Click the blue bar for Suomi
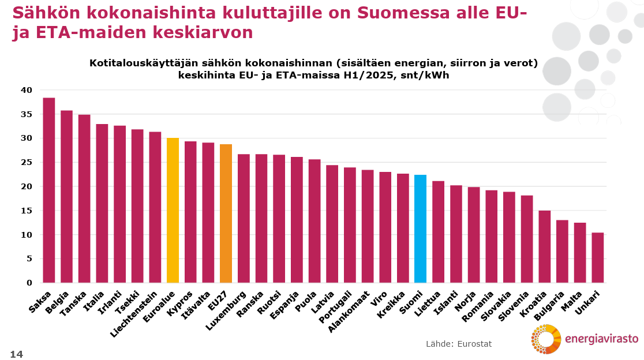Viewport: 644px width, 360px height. coord(420,228)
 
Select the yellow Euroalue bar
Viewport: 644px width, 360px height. coord(173,210)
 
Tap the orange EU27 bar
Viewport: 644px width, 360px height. coord(226,213)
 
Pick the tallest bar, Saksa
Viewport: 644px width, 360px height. coord(49,190)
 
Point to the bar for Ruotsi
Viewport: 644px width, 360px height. coord(279,219)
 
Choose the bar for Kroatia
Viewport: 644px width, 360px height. coord(544,246)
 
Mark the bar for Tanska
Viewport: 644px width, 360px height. coord(84,198)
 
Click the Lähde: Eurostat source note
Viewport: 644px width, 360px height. coord(459,344)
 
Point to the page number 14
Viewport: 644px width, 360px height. coord(16,353)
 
